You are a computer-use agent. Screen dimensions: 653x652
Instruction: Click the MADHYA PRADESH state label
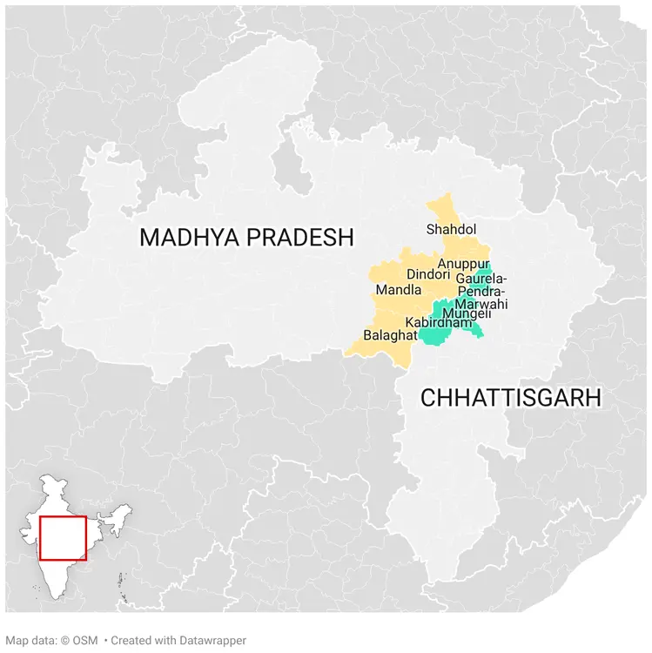tap(247, 237)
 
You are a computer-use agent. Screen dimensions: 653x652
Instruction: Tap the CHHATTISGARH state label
tap(511, 398)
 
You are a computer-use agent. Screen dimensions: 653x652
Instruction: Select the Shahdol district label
tap(451, 230)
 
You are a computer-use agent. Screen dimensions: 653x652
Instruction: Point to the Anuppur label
tap(464, 264)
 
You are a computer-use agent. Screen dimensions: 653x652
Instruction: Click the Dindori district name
tap(427, 275)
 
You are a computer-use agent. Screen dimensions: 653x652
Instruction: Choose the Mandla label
tap(398, 290)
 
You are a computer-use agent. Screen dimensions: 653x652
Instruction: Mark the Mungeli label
tap(467, 313)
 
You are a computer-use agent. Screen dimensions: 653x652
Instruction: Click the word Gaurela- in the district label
tap(481, 279)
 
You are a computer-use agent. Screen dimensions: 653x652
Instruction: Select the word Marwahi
tap(481, 304)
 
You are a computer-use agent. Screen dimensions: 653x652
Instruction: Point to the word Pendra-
tap(481, 291)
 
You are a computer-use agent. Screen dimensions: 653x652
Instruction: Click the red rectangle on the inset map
tap(63, 538)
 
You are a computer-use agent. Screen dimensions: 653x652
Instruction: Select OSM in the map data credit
tap(84, 641)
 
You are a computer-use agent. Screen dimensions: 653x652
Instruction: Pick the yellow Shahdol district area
tap(445, 210)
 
